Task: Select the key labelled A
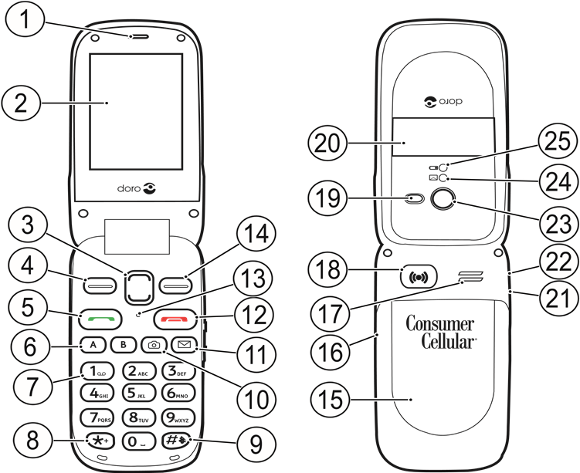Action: point(93,345)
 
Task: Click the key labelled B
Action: point(122,345)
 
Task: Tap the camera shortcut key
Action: point(152,345)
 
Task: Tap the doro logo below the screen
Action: point(135,188)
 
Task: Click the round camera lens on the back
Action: point(443,201)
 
